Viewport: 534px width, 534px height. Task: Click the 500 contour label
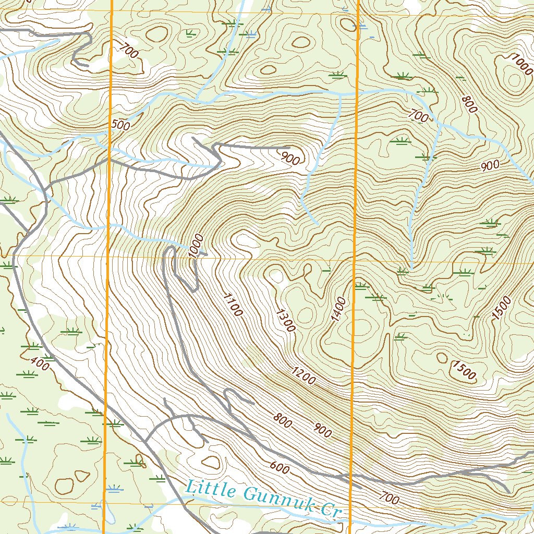120,125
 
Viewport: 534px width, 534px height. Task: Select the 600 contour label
280,468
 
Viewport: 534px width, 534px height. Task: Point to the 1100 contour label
233,305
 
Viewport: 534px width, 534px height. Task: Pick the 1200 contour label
304,376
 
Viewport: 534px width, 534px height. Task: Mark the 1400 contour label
338,310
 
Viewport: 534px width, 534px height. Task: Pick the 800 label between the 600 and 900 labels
282,420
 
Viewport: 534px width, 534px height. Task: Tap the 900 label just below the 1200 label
322,430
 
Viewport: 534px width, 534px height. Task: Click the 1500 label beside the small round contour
464,370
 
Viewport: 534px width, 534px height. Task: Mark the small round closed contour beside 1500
442,358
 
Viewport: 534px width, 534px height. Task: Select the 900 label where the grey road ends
290,158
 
